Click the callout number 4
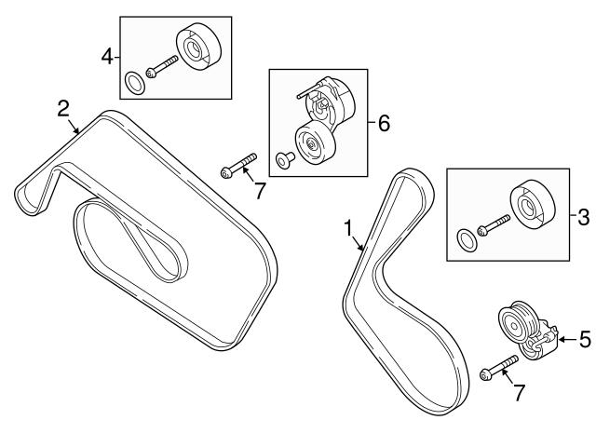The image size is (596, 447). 107,58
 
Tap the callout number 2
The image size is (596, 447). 63,108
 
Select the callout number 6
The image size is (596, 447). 384,124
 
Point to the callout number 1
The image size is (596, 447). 348,228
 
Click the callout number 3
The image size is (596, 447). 584,217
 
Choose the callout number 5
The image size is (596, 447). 586,339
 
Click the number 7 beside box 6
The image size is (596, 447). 260,191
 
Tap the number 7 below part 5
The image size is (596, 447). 520,392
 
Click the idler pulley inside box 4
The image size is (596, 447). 198,47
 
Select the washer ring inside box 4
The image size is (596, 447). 134,82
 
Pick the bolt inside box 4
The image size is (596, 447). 162,66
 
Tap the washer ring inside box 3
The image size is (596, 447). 467,240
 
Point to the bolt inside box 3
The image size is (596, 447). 494,225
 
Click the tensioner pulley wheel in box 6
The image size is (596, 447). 316,142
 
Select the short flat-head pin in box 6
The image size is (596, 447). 285,159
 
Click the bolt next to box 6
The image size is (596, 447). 238,166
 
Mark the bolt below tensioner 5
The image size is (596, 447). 499,368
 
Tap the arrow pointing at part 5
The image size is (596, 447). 567,339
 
